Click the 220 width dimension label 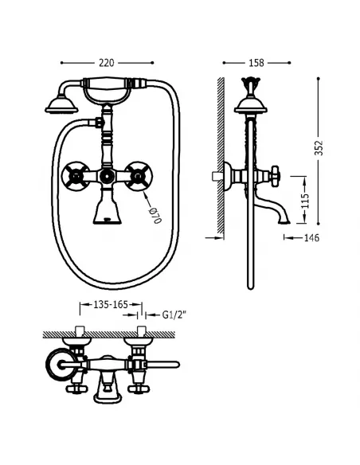107,62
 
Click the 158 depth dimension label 256,62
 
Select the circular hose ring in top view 57,368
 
